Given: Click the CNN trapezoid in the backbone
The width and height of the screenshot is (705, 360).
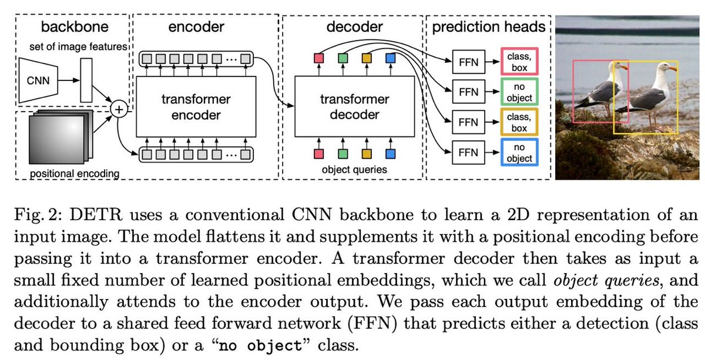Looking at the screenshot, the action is [x=38, y=80].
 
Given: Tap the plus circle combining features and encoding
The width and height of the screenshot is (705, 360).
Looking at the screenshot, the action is [x=119, y=109].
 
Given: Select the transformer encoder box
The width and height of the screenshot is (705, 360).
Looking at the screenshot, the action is [x=196, y=107].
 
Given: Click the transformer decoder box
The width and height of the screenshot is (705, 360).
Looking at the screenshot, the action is [x=354, y=107].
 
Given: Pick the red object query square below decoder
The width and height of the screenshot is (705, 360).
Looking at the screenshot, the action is [x=318, y=154].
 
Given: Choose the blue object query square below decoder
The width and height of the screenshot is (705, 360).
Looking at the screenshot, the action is [x=390, y=154].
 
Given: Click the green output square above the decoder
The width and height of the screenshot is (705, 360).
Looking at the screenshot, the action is [x=343, y=58].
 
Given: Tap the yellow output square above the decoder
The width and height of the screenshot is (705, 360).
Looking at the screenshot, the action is [x=367, y=58].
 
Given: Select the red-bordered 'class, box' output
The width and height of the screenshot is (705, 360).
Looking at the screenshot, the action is [x=519, y=61].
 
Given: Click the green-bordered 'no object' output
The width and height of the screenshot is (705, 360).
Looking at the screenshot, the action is [x=519, y=92].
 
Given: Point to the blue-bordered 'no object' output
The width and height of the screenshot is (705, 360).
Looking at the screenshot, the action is [x=519, y=152].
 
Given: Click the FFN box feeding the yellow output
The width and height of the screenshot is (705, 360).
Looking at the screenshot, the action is [x=468, y=122].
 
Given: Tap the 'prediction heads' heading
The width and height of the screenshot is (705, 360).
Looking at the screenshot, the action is [x=488, y=27].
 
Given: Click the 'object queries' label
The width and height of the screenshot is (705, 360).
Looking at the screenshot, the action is [x=354, y=170].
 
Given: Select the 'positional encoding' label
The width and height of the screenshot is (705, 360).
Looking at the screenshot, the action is [x=75, y=173].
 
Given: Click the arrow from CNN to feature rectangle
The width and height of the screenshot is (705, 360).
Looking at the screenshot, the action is [x=69, y=80].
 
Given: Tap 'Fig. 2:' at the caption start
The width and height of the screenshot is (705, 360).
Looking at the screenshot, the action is [x=38, y=215].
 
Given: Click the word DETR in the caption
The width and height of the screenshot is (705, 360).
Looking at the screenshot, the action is [x=96, y=215].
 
